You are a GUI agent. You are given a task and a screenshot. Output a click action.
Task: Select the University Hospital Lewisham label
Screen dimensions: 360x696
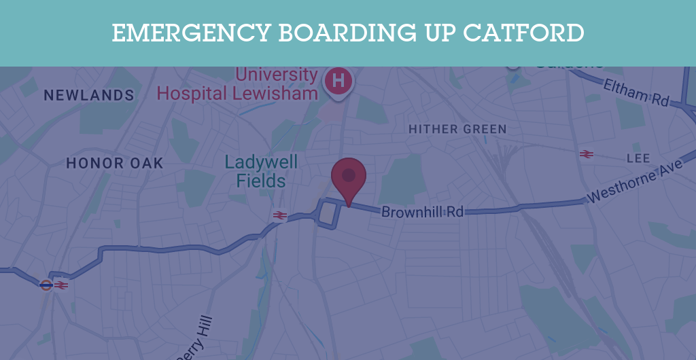(238, 84)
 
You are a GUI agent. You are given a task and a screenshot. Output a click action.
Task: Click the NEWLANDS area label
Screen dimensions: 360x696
(89, 95)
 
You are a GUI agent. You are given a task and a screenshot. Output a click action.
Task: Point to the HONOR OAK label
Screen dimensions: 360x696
(115, 163)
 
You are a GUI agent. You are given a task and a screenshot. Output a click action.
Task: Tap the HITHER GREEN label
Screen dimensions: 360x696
(457, 129)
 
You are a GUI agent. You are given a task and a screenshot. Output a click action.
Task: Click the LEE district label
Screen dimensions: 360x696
(638, 158)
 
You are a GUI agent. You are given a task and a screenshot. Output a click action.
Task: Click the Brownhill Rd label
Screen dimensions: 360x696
(422, 212)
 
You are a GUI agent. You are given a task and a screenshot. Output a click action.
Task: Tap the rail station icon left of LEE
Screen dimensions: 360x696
(587, 154)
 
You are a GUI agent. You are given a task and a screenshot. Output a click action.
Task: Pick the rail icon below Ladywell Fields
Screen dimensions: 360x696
(279, 215)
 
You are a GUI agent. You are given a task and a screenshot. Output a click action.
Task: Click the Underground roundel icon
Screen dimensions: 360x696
(46, 285)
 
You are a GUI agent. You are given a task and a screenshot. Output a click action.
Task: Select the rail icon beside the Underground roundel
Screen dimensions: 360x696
(61, 285)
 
